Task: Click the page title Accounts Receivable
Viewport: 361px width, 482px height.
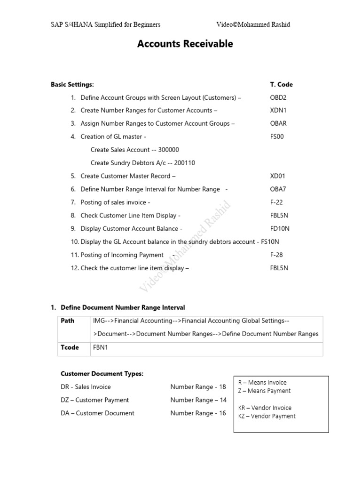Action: point(185,44)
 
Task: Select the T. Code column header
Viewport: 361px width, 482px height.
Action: point(281,85)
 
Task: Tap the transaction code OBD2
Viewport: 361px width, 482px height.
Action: point(277,98)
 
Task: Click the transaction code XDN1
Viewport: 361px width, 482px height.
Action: point(277,111)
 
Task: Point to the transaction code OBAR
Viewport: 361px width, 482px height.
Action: point(278,124)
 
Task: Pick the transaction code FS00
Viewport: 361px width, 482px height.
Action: point(277,137)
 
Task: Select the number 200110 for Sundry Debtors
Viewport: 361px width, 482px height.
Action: point(184,163)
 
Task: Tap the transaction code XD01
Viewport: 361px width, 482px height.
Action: point(277,176)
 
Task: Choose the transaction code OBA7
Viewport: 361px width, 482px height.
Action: point(277,189)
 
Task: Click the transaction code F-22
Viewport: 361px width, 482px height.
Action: point(276,202)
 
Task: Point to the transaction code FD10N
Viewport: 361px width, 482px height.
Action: point(280,229)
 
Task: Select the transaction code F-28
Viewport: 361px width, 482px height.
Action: point(276,255)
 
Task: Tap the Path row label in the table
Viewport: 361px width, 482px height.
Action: point(68,321)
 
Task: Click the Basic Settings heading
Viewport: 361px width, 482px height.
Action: point(72,85)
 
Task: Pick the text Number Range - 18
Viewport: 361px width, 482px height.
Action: point(198,387)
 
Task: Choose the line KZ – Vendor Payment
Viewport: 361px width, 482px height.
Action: point(267,416)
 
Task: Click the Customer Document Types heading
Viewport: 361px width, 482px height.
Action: point(102,374)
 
